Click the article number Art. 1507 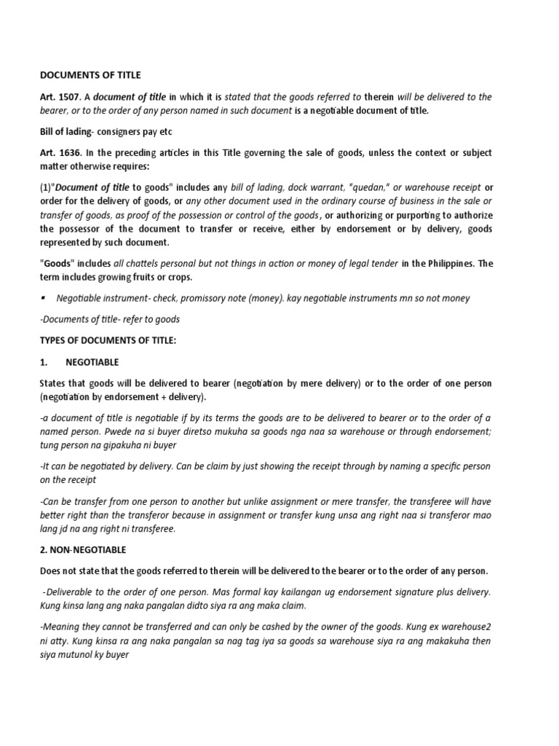tap(58, 97)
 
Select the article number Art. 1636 tap(58, 152)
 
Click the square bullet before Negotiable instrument tap(44, 298)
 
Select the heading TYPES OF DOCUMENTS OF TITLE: tap(108, 340)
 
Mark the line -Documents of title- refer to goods tap(111, 319)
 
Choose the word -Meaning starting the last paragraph tap(62, 627)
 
